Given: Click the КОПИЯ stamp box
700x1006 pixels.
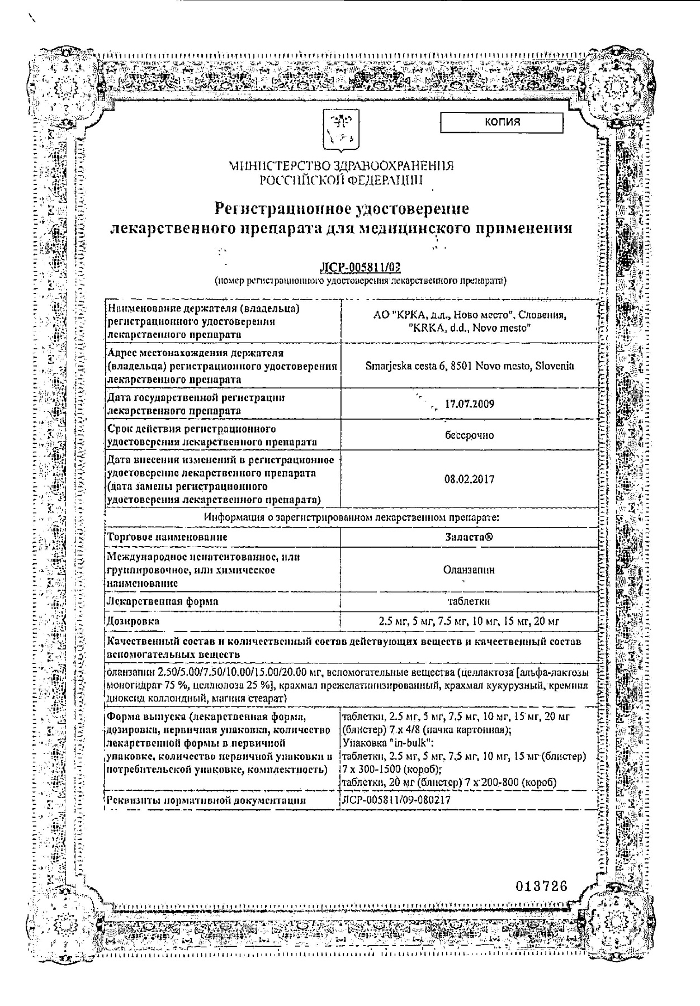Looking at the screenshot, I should (502, 122).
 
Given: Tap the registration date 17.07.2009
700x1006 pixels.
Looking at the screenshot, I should (469, 404).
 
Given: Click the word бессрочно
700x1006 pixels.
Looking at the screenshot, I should (469, 435).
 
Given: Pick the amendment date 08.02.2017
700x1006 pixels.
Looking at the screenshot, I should (469, 480).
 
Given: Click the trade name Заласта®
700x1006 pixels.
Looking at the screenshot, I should (469, 537).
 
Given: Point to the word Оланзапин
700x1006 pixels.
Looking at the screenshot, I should (469, 570).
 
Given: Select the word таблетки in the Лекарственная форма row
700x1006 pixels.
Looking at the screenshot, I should (469, 601).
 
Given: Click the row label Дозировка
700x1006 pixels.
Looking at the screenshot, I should (133, 621).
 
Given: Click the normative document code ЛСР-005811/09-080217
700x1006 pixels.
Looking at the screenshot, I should (396, 800).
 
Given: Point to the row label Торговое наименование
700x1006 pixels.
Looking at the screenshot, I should (167, 537).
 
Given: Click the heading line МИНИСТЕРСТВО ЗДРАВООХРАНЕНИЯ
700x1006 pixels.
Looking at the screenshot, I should (341, 166).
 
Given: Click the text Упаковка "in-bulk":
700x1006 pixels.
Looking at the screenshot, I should (380, 743).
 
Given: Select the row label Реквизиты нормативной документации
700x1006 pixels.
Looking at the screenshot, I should (206, 800).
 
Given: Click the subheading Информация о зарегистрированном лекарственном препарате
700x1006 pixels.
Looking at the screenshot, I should (351, 518).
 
